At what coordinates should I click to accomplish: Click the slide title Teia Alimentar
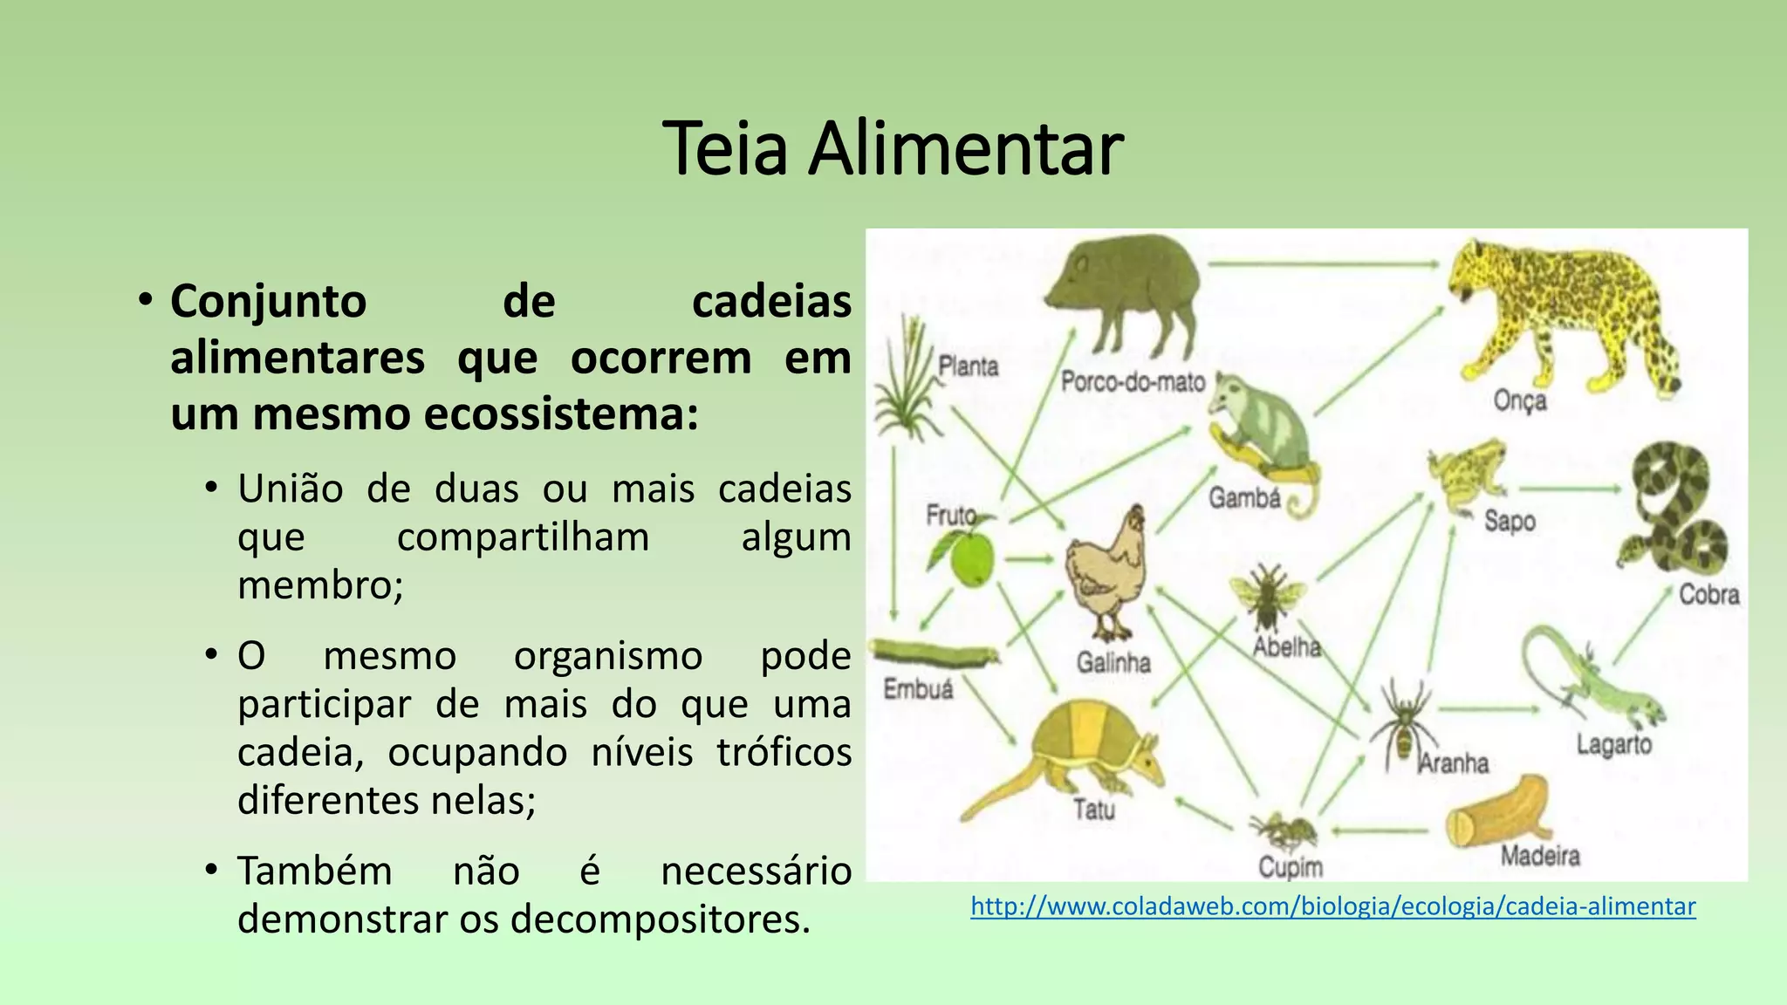point(893,149)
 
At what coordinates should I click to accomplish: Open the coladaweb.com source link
point(1332,906)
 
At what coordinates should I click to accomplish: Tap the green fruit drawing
point(971,559)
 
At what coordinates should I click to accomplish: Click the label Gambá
point(1244,498)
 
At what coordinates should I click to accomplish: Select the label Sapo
point(1510,521)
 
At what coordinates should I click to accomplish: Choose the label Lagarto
point(1614,744)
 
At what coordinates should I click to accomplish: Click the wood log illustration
point(1496,812)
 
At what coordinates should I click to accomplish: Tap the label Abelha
point(1287,646)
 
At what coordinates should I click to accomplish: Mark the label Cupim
point(1291,867)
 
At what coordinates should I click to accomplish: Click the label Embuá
point(918,689)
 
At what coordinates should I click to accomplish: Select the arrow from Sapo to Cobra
point(1569,489)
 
